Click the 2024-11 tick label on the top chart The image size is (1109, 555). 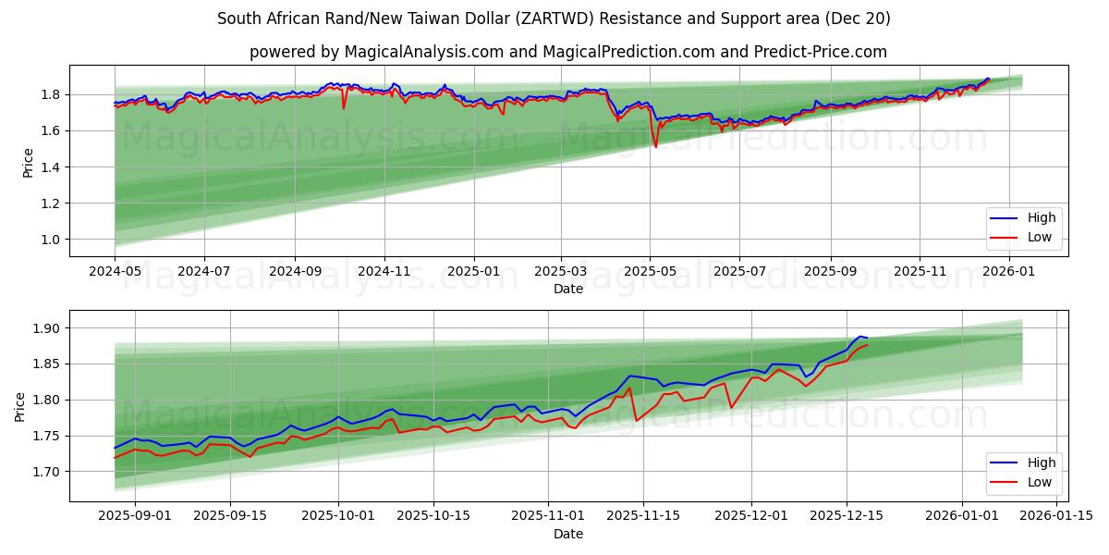pos(384,271)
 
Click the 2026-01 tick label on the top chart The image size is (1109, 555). pos(1008,271)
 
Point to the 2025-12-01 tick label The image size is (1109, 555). pos(751,516)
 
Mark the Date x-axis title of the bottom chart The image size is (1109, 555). pos(568,534)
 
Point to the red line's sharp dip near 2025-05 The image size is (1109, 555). pos(655,146)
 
